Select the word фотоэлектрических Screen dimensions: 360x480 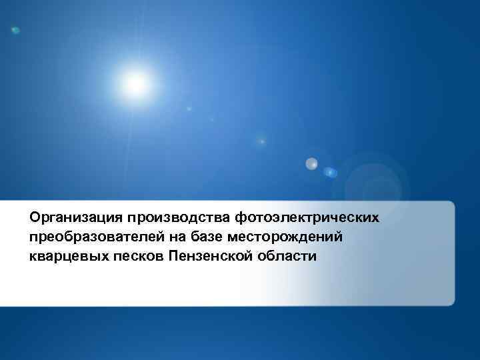pyautogui.click(x=307, y=217)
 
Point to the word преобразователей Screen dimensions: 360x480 pyautogui.click(x=99, y=237)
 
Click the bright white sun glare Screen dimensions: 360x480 pyautogui.click(x=135, y=83)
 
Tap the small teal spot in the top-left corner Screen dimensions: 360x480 pyautogui.click(x=15, y=30)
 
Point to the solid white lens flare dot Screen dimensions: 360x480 pyautogui.click(x=311, y=163)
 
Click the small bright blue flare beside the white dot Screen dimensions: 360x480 pyautogui.click(x=331, y=172)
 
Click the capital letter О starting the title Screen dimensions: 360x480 pyautogui.click(x=35, y=217)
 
